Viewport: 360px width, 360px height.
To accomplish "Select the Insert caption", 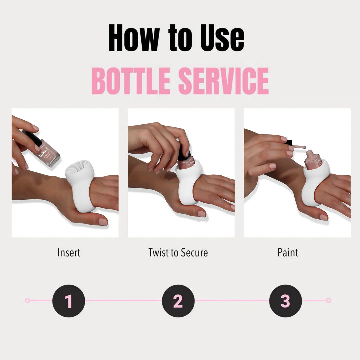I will point(69,253).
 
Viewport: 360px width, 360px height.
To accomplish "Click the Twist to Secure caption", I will point(178,253).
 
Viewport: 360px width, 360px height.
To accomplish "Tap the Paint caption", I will point(288,253).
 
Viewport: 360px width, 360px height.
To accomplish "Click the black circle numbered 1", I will point(69,301).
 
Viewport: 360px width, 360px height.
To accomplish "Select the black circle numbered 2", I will point(178,301).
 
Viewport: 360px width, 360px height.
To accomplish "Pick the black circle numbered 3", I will point(285,301).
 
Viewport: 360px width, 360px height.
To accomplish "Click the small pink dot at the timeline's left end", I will point(27,300).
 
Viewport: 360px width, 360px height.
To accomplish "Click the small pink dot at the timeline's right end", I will point(328,300).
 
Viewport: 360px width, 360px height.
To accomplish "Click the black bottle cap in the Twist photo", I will point(184,153).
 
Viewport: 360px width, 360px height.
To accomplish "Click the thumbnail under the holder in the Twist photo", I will point(202,214).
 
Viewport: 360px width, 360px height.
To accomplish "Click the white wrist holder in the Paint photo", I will point(312,190).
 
